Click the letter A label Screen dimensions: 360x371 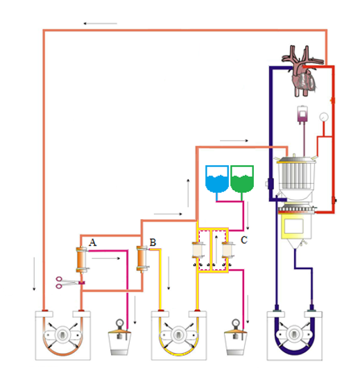tap(92, 243)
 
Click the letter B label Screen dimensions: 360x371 tap(153, 243)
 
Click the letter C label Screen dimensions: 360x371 tap(244, 240)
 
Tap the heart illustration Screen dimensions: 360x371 tap(302, 71)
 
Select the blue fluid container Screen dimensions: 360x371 tap(217, 179)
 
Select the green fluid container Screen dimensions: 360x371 tap(242, 179)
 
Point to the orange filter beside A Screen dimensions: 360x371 tap(81, 259)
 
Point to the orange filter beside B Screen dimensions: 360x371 tap(142, 259)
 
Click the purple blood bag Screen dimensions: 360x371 tap(302, 114)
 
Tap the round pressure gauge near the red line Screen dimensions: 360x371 tap(324, 117)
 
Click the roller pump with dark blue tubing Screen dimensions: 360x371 tap(295, 335)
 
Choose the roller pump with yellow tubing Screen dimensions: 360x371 tap(179, 335)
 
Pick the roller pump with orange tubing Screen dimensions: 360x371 tap(63, 335)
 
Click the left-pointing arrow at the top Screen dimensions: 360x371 tap(100, 24)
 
